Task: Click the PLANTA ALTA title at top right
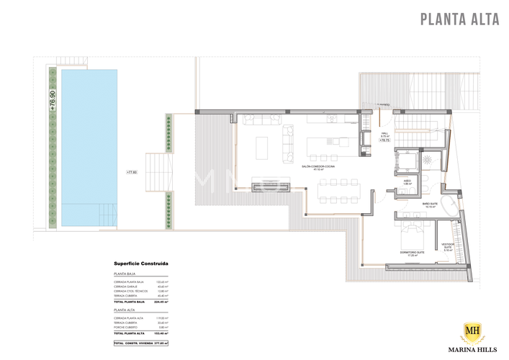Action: click(x=459, y=19)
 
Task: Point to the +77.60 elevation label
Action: click(x=131, y=173)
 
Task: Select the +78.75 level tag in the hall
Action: click(x=384, y=141)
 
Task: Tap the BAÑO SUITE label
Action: click(x=431, y=204)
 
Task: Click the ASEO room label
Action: click(x=407, y=181)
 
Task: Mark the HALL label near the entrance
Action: click(x=384, y=133)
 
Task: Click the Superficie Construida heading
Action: click(x=140, y=264)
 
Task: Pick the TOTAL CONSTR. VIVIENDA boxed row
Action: click(x=141, y=343)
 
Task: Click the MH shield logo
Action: click(x=470, y=333)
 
